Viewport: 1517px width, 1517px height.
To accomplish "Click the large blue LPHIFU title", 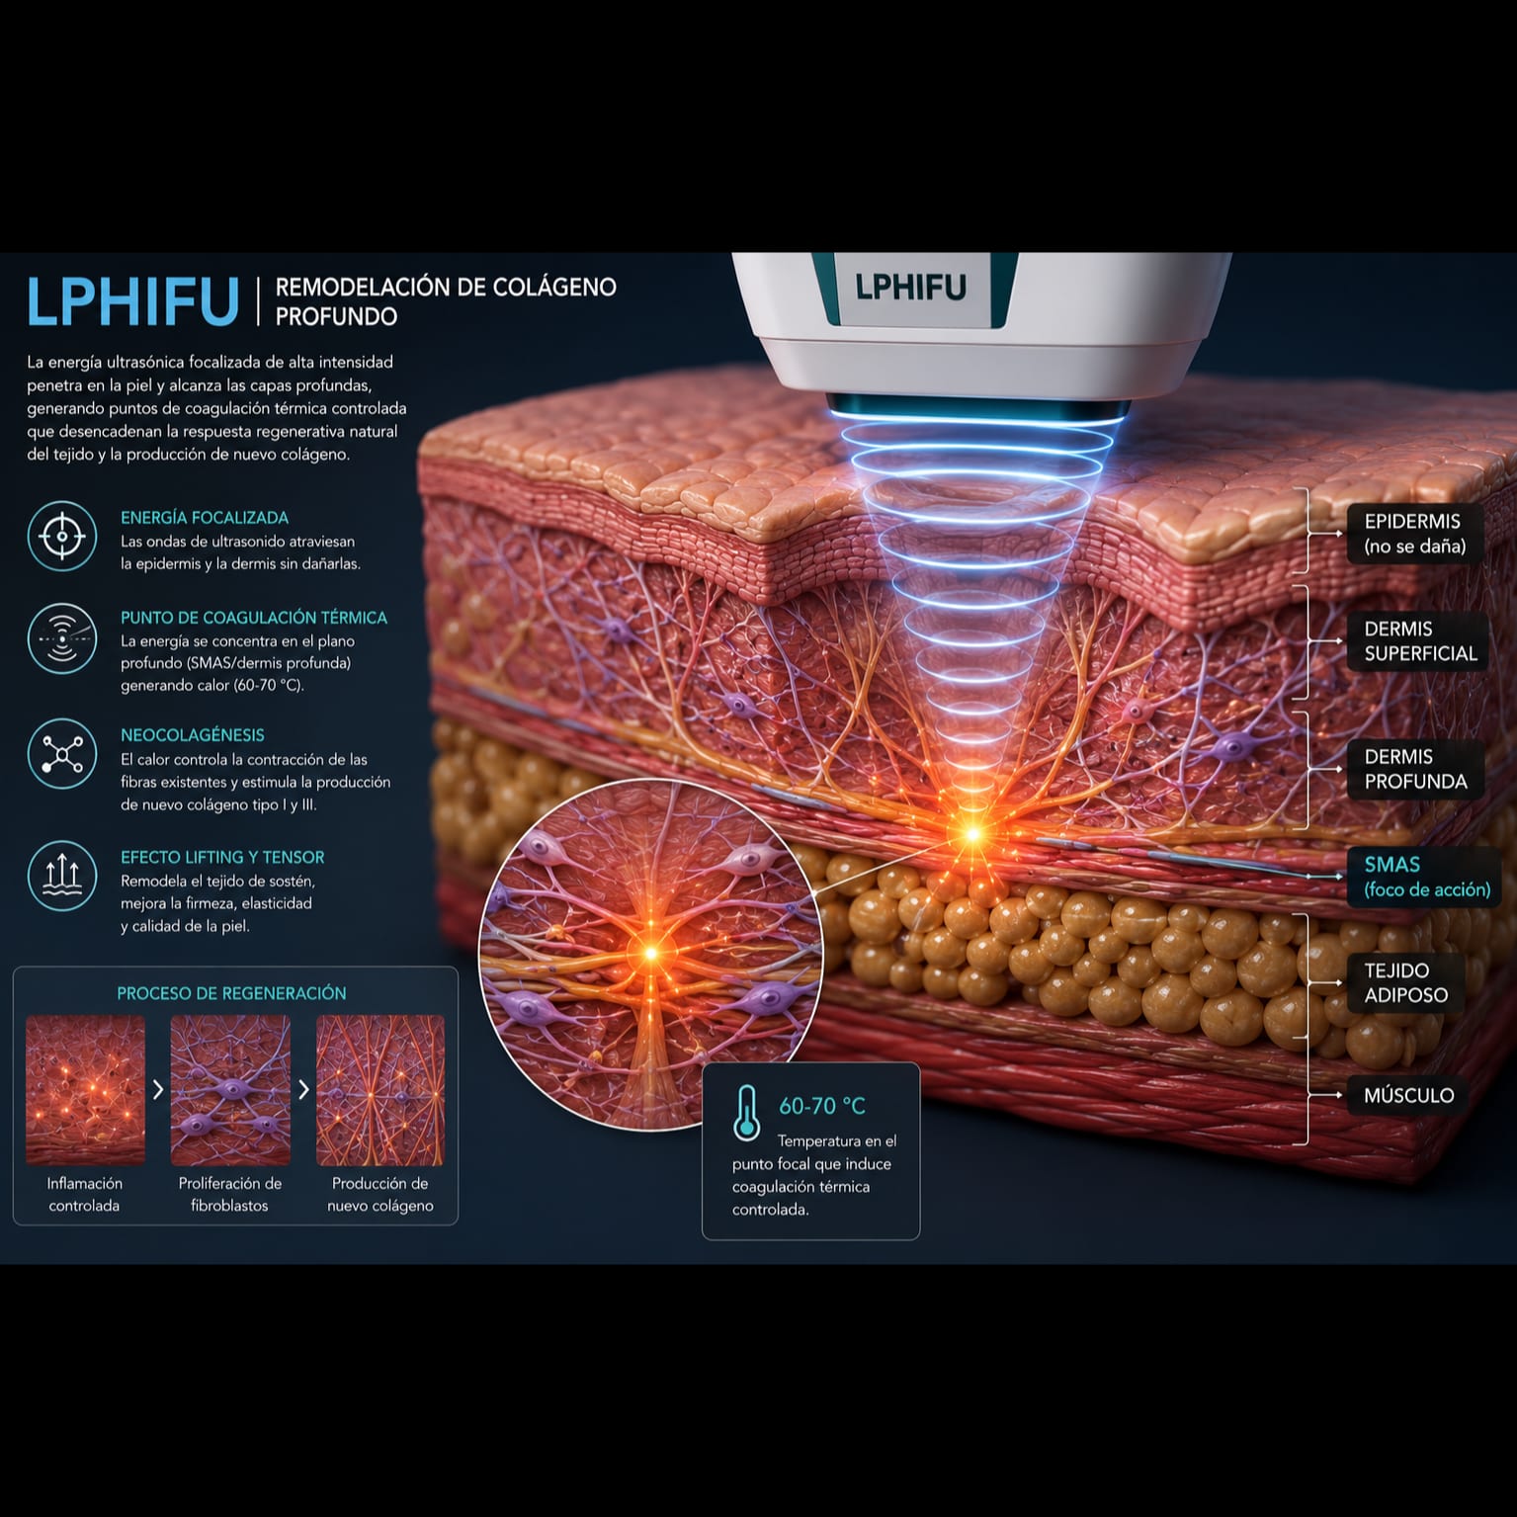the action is (132, 300).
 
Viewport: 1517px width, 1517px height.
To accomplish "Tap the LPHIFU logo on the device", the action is (910, 287).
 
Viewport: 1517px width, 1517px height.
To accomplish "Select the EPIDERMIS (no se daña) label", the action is (1414, 534).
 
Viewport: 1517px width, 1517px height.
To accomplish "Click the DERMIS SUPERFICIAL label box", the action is (1419, 641).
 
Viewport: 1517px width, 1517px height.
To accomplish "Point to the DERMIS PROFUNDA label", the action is (1415, 769).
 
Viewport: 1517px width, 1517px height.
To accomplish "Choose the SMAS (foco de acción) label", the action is (1426, 877).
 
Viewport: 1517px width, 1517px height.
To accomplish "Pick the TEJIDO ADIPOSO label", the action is (1405, 982).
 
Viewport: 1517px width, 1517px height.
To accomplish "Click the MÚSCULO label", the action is (1408, 1095).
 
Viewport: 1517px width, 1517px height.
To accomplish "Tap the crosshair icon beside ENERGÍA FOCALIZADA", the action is (62, 537).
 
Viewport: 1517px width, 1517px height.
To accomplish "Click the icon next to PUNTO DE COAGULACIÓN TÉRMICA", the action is (62, 638).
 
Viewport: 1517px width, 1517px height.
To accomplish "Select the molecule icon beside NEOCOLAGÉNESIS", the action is (62, 754).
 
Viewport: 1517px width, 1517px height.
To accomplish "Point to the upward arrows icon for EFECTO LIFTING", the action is (62, 875).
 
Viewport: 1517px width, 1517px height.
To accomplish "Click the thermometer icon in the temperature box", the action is (746, 1114).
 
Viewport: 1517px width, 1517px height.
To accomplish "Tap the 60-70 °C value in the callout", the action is (822, 1106).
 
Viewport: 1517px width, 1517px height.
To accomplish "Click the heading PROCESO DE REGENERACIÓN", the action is (231, 993).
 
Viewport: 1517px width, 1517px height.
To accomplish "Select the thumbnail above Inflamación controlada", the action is (85, 1090).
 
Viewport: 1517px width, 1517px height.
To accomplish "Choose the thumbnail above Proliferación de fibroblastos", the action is (230, 1090).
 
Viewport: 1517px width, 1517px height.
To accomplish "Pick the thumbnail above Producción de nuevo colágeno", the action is (380, 1090).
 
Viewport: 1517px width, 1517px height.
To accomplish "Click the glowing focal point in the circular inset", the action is (651, 953).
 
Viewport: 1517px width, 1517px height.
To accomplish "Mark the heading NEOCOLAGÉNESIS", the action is (193, 735).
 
